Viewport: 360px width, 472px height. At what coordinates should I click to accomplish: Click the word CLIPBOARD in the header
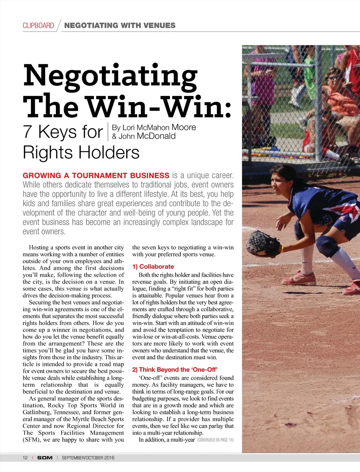[x=38, y=26]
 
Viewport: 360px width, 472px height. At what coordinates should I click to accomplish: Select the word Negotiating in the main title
[x=110, y=76]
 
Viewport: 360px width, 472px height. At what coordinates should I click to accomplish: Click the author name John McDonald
[x=147, y=136]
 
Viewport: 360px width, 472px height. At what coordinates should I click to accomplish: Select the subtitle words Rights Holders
[x=81, y=152]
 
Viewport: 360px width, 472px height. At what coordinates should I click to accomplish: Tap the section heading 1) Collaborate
[x=153, y=267]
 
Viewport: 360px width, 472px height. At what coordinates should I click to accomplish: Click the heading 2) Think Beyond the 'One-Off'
[x=175, y=369]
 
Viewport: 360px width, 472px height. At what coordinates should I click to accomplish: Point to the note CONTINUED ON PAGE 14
[x=215, y=440]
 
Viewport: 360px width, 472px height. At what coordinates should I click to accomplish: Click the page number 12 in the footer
[x=25, y=458]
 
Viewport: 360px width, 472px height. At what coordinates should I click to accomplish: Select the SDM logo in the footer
[x=45, y=458]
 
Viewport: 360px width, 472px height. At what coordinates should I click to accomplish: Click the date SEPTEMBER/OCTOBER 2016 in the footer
[x=88, y=458]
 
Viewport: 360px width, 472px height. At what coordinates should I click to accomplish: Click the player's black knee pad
[x=325, y=244]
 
